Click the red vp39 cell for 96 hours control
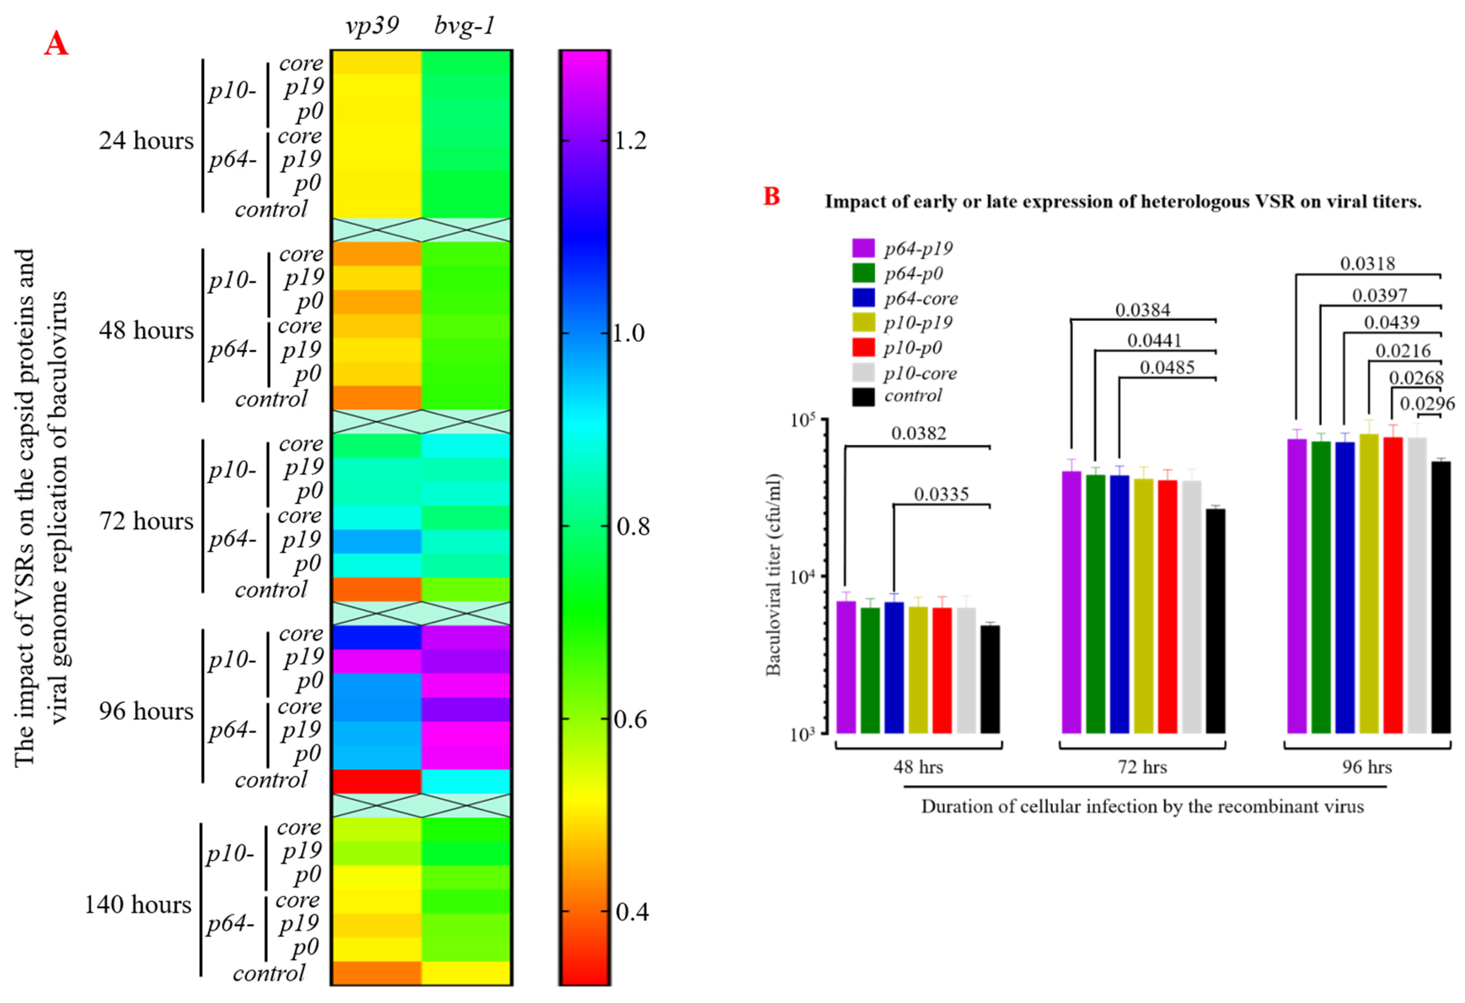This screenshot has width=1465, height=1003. [376, 781]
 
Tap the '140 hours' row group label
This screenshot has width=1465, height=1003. [138, 905]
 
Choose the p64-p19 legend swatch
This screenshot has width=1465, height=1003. [863, 248]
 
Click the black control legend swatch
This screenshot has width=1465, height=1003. [863, 397]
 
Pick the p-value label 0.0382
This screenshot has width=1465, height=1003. [919, 433]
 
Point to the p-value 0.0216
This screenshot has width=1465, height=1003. [1403, 350]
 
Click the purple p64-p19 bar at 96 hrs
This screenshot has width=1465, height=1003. [1297, 586]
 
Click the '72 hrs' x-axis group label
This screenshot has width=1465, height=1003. [1142, 767]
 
